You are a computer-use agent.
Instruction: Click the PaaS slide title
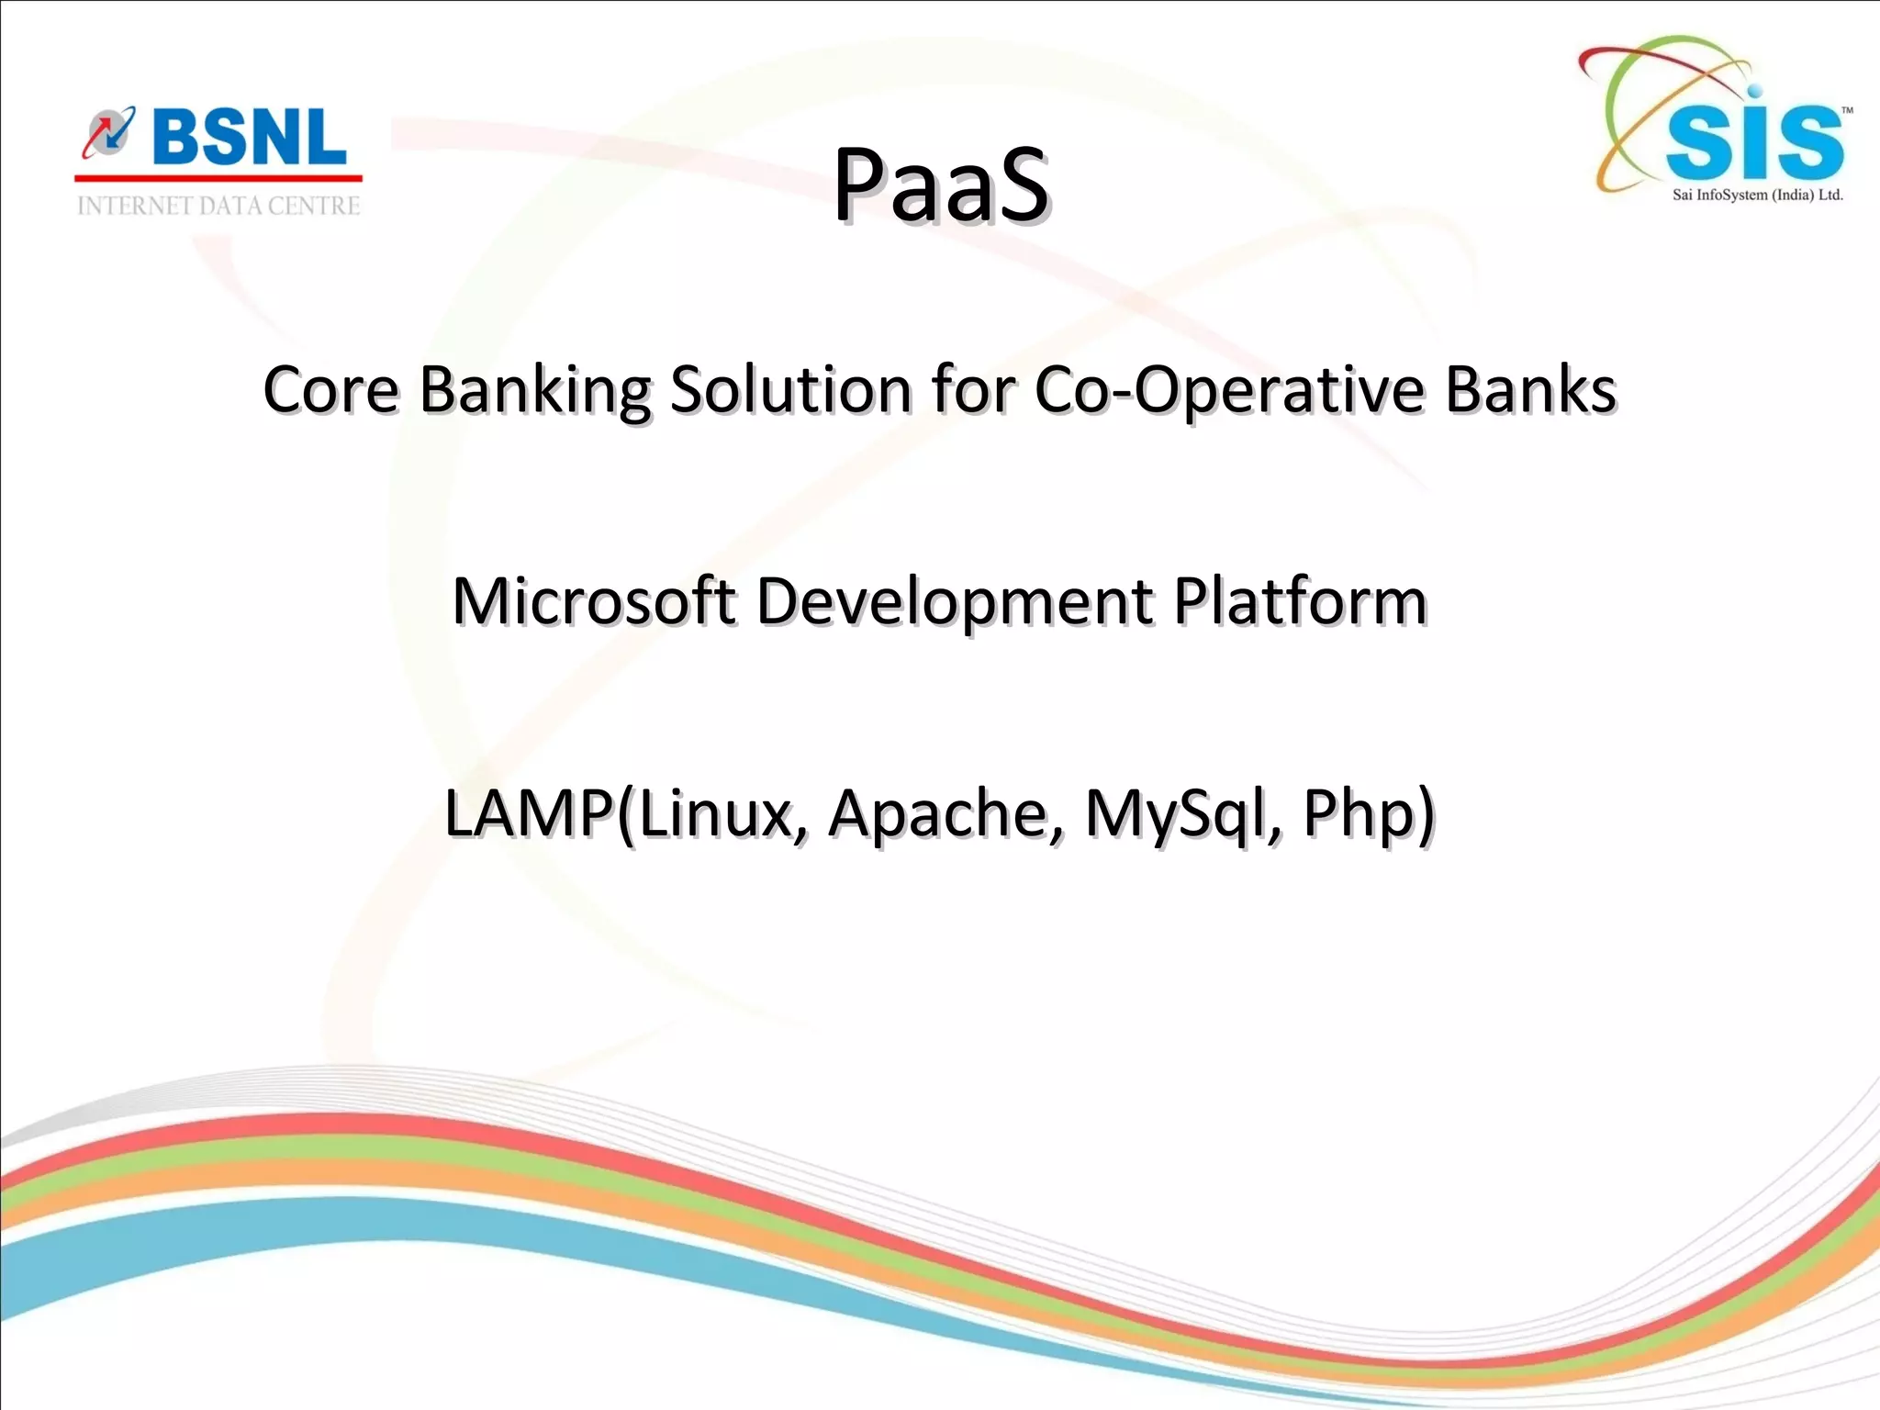[x=940, y=186]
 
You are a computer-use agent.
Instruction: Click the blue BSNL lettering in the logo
[x=250, y=138]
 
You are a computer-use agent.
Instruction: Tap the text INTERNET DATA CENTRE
[x=218, y=206]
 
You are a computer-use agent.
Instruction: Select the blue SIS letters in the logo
[x=1753, y=143]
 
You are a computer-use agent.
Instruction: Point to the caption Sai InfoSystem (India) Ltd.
[x=1757, y=195]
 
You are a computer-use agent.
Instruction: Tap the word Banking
[x=535, y=391]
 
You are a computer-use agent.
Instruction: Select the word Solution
[x=790, y=389]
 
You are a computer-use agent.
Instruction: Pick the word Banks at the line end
[x=1530, y=389]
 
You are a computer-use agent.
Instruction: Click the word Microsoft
[x=594, y=601]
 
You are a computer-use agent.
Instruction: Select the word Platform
[x=1300, y=601]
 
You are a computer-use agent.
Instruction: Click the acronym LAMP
[x=529, y=813]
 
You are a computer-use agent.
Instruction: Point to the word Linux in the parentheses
[x=716, y=813]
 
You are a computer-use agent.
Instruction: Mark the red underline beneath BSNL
[x=218, y=178]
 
